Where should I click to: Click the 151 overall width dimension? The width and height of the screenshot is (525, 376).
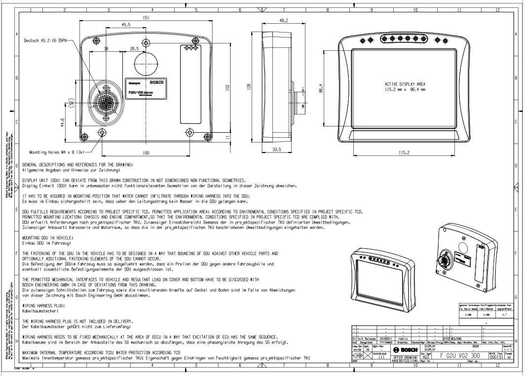point(147,17)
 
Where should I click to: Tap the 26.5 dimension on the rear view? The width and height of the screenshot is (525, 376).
point(134,49)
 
